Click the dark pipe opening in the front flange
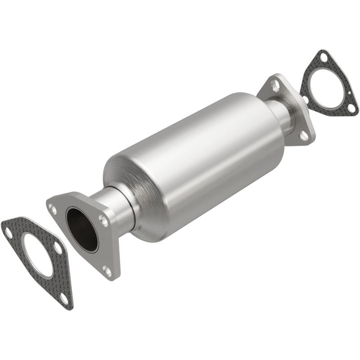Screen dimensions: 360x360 82,229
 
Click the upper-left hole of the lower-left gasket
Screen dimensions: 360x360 8,232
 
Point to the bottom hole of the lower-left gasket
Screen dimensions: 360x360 64,298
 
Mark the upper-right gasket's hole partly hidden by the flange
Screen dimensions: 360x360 305,98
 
